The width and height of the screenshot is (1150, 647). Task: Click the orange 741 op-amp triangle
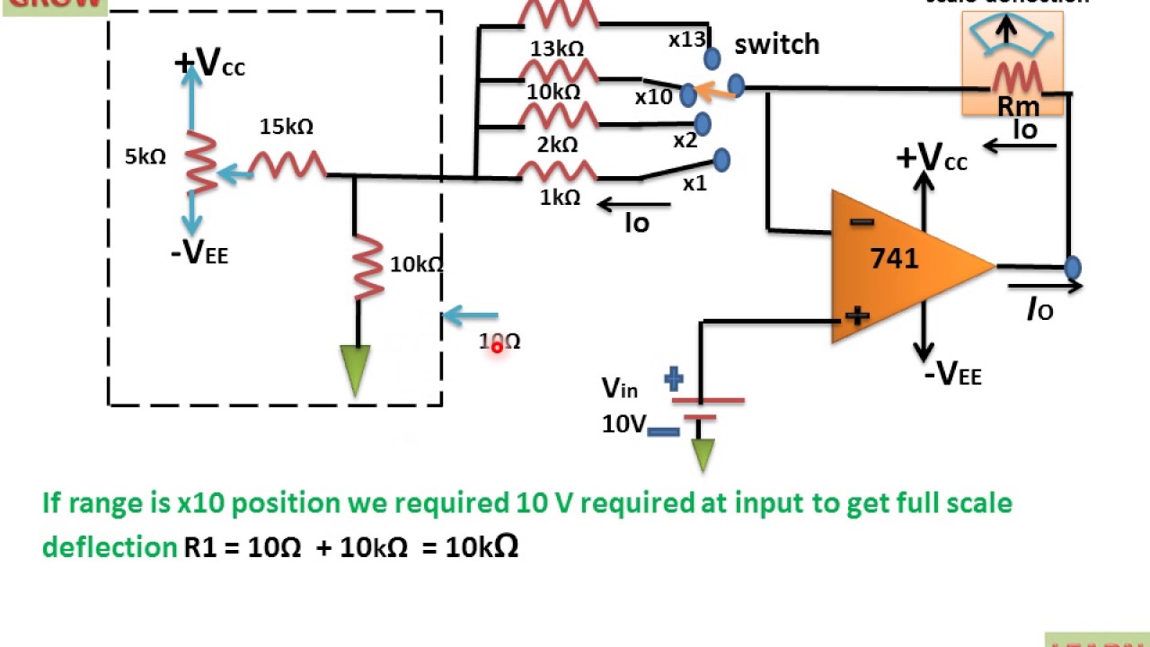pyautogui.click(x=898, y=265)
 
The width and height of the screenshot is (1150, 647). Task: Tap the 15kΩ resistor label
pyautogui.click(x=287, y=128)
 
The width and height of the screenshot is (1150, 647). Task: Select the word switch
pyautogui.click(x=776, y=45)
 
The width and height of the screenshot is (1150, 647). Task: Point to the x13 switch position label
pyautogui.click(x=687, y=40)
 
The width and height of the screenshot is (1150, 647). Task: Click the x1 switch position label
pyautogui.click(x=694, y=184)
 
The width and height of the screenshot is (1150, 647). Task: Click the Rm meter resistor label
pyautogui.click(x=1018, y=107)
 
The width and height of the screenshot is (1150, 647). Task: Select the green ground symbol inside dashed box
pyautogui.click(x=357, y=369)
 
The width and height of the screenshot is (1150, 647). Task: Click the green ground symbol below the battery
pyautogui.click(x=703, y=454)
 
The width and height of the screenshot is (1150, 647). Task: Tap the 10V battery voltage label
pyautogui.click(x=624, y=424)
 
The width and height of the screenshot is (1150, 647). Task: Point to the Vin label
pyautogui.click(x=620, y=388)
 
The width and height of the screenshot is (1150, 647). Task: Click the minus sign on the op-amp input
pyautogui.click(x=861, y=222)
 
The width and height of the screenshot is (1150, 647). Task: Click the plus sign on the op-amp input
pyautogui.click(x=857, y=315)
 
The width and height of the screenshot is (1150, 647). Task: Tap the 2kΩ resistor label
pyautogui.click(x=558, y=145)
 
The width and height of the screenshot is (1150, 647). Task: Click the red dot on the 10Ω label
pyautogui.click(x=496, y=347)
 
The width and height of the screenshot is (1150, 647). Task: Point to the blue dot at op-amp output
pyautogui.click(x=1072, y=267)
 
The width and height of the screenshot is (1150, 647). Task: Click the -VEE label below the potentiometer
pyautogui.click(x=199, y=255)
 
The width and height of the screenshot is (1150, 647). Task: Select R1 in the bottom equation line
pyautogui.click(x=200, y=547)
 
